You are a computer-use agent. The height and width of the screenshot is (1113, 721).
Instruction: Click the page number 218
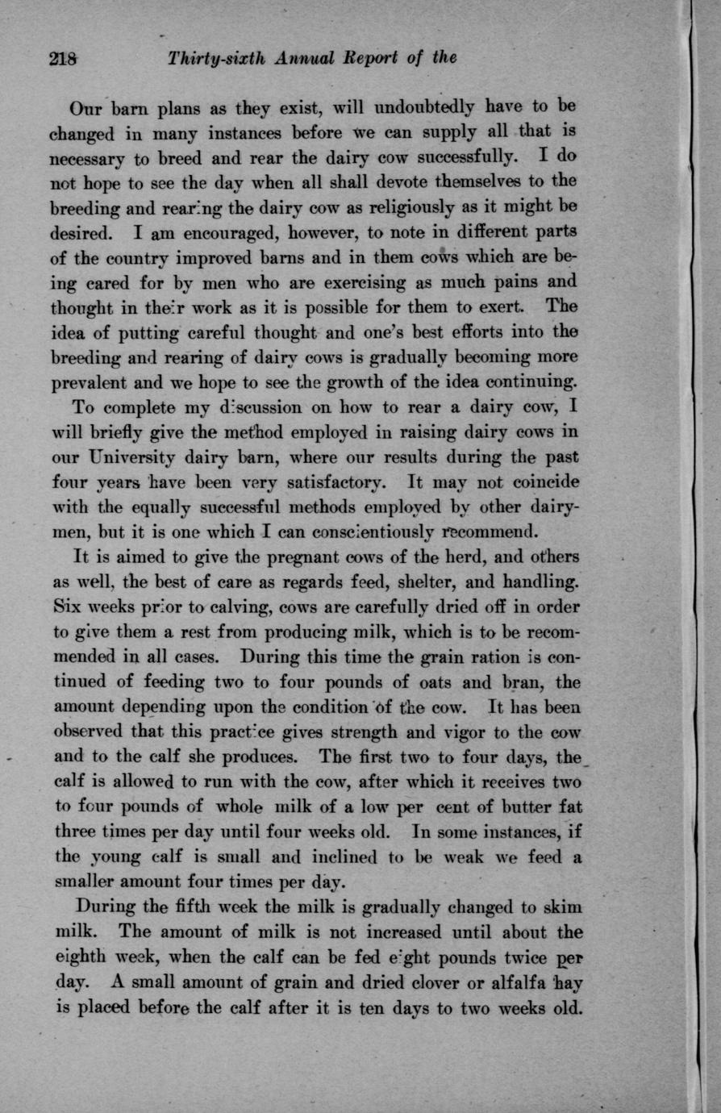click(x=63, y=58)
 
